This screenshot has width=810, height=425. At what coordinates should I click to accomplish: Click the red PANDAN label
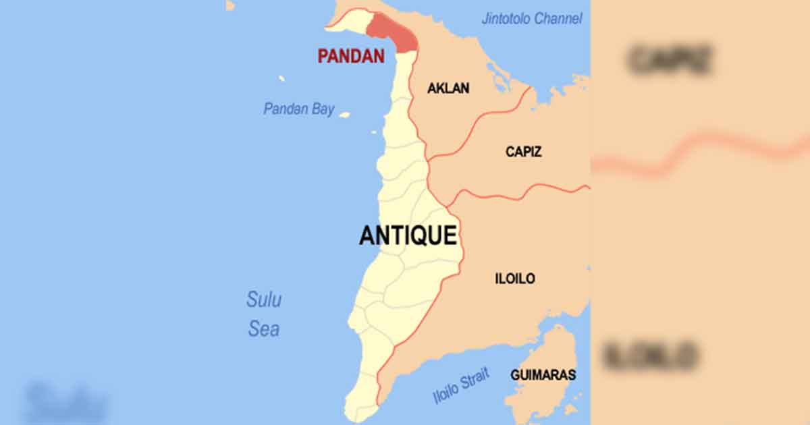[351, 56]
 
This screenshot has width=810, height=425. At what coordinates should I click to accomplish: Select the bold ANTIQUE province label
[408, 235]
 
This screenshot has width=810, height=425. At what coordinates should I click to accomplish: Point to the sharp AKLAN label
[448, 88]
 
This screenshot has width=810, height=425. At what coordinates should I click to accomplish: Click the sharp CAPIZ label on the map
[524, 152]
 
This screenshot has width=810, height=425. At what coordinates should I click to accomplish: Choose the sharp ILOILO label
[515, 278]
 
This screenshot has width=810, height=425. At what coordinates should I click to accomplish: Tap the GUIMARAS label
[543, 374]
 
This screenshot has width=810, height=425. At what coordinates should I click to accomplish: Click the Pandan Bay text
[298, 109]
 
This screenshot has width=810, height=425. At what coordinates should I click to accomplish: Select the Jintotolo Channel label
[531, 19]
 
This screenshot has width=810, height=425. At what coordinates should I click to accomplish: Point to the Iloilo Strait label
[462, 387]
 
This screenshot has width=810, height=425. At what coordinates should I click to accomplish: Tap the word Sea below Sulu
[263, 329]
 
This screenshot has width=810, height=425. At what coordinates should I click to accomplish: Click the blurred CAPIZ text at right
[670, 60]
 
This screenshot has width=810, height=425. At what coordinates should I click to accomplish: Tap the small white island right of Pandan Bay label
[344, 115]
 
